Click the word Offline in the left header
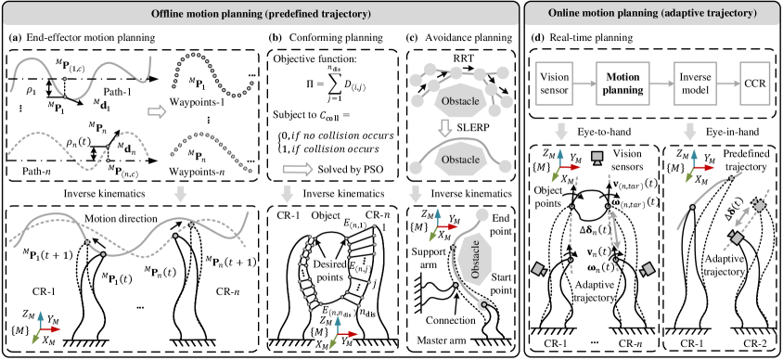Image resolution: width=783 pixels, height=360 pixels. (172, 14)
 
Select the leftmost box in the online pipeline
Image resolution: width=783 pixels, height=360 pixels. (556, 84)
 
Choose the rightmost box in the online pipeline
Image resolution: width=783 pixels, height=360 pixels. (755, 84)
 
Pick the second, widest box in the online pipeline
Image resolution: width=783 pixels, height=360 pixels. (623, 84)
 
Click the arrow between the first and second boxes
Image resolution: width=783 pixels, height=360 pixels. (584, 84)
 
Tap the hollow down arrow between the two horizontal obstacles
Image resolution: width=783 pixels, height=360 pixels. (445, 127)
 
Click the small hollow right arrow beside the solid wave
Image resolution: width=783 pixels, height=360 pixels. (157, 111)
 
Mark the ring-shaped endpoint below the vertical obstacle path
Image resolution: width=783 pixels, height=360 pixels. (482, 304)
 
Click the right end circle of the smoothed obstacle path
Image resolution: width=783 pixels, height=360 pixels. (506, 167)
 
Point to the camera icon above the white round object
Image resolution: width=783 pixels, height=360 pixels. (597, 158)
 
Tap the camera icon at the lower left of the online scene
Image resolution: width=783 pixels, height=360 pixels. (538, 270)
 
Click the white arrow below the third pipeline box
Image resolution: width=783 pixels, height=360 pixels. (689, 132)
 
